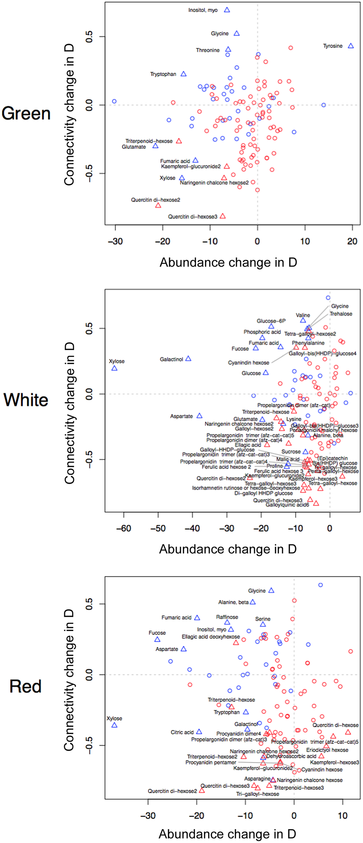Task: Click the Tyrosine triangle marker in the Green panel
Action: click(x=351, y=46)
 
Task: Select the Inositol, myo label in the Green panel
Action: click(x=203, y=10)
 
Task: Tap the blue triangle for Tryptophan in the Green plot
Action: click(x=183, y=74)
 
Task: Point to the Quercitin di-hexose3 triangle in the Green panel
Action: click(x=223, y=216)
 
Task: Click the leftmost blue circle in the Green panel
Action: click(x=114, y=101)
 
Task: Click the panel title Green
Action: click(x=26, y=114)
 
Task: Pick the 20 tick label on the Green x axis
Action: click(x=352, y=242)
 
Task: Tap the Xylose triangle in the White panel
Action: click(x=114, y=368)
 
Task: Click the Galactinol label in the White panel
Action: click(x=171, y=359)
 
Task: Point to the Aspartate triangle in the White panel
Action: click(x=199, y=416)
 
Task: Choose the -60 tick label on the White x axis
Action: click(x=124, y=529)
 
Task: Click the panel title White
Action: click(x=26, y=400)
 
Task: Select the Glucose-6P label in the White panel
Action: click(x=271, y=321)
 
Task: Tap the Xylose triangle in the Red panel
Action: click(x=114, y=725)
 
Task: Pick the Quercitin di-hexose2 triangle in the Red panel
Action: click(x=202, y=791)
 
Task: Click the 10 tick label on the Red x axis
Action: click(x=342, y=816)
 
